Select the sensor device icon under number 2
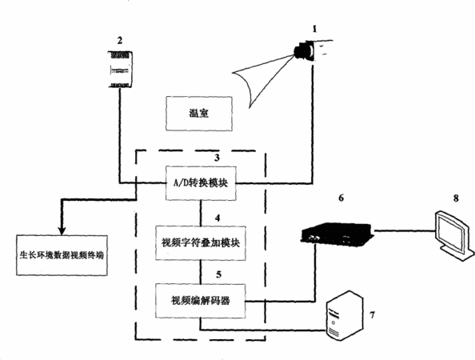tap(121, 70)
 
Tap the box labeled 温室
tap(199, 114)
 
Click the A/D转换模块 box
tap(201, 183)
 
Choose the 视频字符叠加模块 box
tap(201, 242)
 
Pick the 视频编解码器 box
tap(200, 301)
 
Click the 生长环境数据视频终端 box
tap(62, 255)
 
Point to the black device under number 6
tap(337, 233)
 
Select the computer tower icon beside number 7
tap(344, 315)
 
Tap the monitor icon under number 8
tap(453, 234)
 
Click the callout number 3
tap(217, 158)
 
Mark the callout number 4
tap(218, 218)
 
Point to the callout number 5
tap(218, 274)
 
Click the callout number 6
tap(341, 198)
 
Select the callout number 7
tap(373, 315)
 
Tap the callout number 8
tap(456, 198)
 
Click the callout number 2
tap(120, 40)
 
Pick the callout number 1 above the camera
tap(314, 29)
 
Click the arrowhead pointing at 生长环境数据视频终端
tap(62, 230)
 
